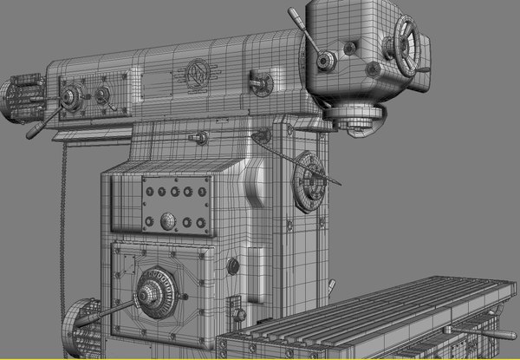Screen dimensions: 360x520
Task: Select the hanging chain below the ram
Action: pyautogui.click(x=62, y=226)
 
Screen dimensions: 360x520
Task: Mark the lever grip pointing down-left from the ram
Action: pyautogui.click(x=36, y=131)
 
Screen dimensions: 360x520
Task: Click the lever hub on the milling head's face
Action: pyautogui.click(x=326, y=61)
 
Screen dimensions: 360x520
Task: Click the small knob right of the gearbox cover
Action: pyautogui.click(x=232, y=265)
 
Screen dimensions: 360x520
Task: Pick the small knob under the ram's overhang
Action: pyautogui.click(x=202, y=137)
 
